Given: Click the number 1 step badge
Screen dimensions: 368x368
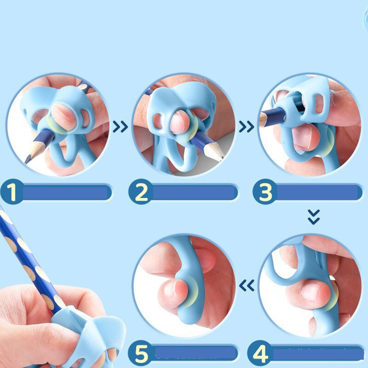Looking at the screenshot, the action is click(12, 192).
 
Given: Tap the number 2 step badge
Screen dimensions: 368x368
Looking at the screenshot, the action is click(141, 192).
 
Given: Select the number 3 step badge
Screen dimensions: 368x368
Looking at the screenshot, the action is click(265, 192).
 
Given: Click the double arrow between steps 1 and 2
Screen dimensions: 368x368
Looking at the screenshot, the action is click(120, 127).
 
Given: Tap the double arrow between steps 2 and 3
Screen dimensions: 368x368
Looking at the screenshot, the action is click(247, 127).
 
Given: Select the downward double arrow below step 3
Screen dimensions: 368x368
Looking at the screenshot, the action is click(314, 217).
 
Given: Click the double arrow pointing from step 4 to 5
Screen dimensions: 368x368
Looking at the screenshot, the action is click(247, 285).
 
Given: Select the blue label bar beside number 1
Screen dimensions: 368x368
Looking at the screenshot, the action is click(66, 192).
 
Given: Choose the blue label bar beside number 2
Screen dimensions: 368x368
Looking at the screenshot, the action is click(194, 192).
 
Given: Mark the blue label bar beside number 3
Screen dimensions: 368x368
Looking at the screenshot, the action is click(319, 192).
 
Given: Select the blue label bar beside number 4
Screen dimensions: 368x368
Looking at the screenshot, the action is click(318, 353).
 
